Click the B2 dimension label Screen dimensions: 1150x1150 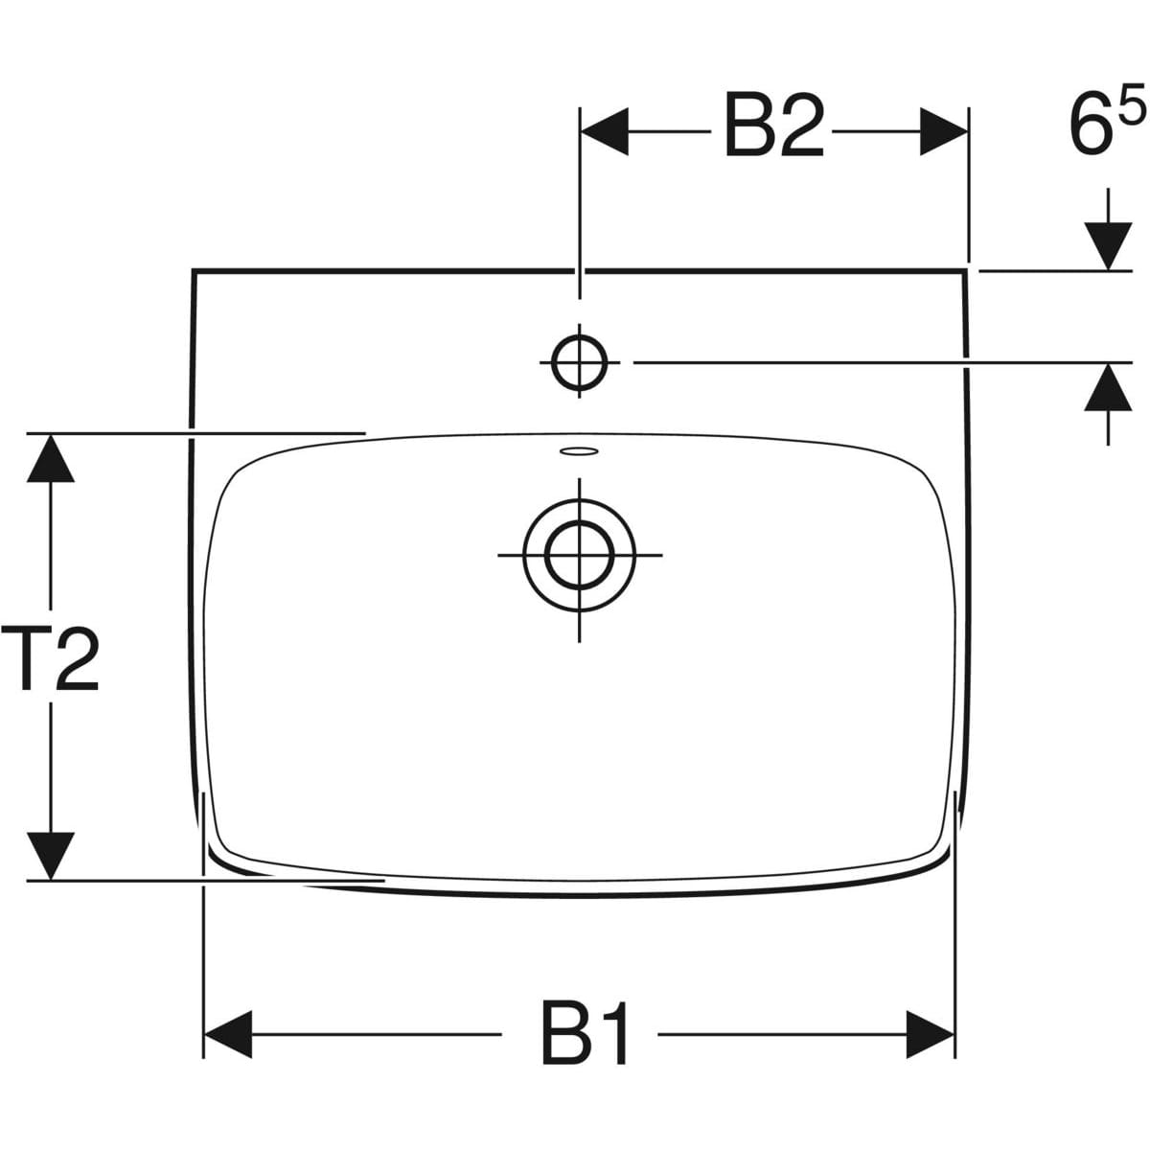(x=773, y=126)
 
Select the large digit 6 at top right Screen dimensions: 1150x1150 (x=1091, y=126)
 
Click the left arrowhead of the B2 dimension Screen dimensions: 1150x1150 (x=604, y=131)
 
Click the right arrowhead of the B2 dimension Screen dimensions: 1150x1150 (x=944, y=131)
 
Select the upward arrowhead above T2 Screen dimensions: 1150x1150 (x=51, y=458)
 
